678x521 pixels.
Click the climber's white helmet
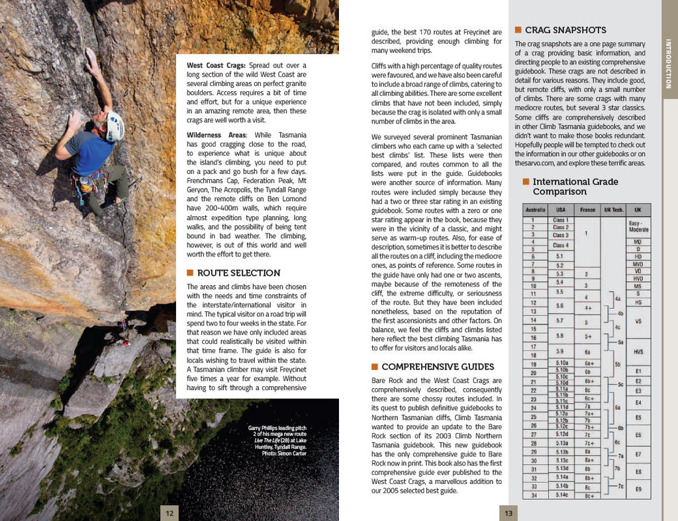click(115, 126)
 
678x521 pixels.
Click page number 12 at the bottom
click(169, 512)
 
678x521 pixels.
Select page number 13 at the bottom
click(508, 512)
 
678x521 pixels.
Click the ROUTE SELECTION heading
click(238, 273)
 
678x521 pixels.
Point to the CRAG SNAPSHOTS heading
click(565, 30)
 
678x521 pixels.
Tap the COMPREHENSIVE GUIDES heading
click(438, 367)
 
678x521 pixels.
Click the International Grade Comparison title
click(575, 186)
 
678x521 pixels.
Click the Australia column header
click(535, 210)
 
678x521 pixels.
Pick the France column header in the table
click(587, 210)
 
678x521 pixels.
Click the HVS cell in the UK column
click(638, 352)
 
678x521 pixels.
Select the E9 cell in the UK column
click(638, 489)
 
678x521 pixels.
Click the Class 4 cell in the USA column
click(560, 245)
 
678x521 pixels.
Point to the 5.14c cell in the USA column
click(561, 495)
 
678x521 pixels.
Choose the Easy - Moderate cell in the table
click(638, 226)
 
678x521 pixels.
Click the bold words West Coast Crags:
click(216, 65)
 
